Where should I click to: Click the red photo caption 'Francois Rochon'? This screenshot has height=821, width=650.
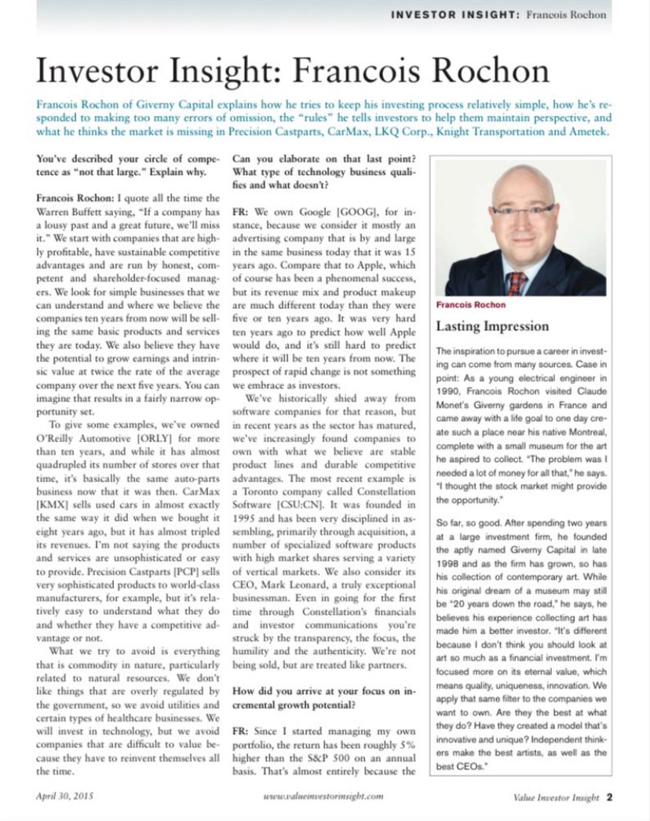pos(470,304)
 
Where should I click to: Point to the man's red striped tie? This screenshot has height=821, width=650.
pos(516,282)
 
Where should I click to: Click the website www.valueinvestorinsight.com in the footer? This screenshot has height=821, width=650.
pos(323,796)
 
